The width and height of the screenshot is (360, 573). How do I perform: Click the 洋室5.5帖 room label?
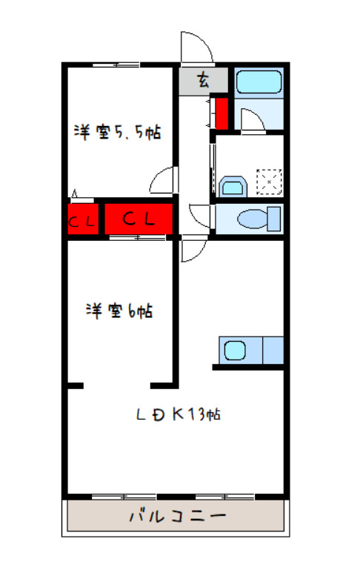[x=117, y=133]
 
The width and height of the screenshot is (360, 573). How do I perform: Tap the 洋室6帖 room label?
[x=119, y=311]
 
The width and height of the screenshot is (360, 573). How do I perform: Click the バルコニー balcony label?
[x=176, y=515]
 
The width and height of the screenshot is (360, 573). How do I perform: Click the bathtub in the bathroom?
[x=259, y=82]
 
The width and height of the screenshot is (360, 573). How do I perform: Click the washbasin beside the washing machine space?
[x=233, y=185]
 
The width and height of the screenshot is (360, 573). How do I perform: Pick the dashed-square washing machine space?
[x=268, y=181]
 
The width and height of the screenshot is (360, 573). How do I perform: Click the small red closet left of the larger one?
[x=81, y=219]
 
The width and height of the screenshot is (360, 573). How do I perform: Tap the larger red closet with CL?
[x=139, y=219]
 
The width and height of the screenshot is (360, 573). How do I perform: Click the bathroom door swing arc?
[x=253, y=119]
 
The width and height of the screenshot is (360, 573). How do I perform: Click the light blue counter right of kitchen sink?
[x=272, y=349]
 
